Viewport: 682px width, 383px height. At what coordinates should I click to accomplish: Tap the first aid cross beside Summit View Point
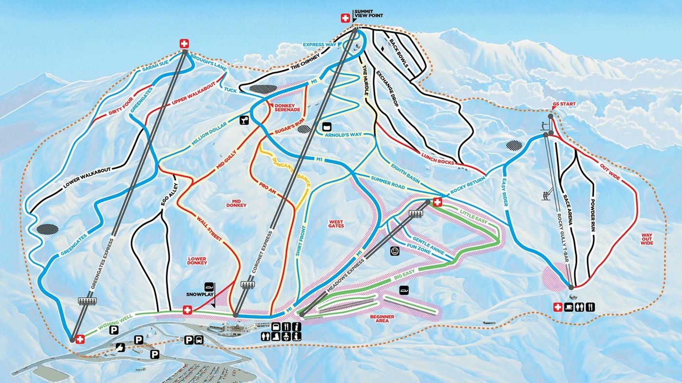345,18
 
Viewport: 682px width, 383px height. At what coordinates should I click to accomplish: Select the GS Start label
565,104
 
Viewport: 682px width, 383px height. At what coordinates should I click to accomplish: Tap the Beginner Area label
381,319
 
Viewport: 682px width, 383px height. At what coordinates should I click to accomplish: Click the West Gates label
336,223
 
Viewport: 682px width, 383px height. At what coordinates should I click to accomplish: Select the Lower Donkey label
197,260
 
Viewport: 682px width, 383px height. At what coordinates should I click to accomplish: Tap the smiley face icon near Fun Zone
394,251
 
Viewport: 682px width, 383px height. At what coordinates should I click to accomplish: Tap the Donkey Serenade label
288,108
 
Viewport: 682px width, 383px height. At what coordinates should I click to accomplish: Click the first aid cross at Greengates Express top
184,43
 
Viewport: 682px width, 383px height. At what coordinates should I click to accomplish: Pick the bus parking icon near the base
198,341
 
